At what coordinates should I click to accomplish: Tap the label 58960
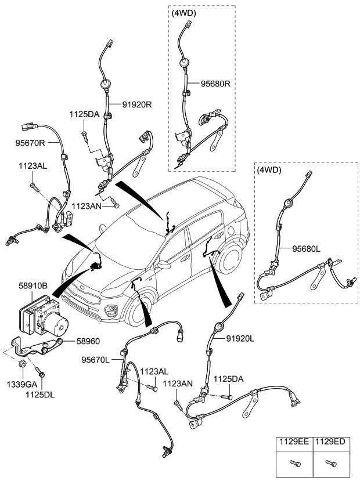[x=73, y=342]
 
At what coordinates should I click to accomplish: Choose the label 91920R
[x=137, y=104]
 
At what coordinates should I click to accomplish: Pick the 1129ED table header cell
[x=330, y=442]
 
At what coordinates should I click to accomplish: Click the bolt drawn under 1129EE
[x=295, y=463]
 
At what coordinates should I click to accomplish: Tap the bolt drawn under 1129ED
[x=330, y=463]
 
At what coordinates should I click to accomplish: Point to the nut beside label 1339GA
[x=21, y=364]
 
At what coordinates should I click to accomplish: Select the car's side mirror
[x=163, y=265]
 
